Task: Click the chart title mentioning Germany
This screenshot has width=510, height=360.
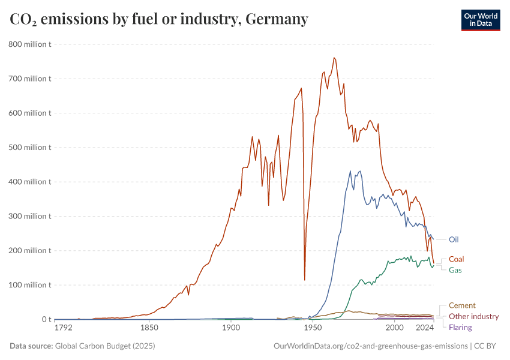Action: click(x=159, y=19)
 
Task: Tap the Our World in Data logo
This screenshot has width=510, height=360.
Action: click(x=480, y=20)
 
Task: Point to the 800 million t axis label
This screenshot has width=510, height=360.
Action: click(x=29, y=44)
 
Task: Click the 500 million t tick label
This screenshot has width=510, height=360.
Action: click(x=29, y=147)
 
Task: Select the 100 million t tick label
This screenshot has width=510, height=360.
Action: click(x=29, y=284)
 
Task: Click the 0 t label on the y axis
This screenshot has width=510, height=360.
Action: click(x=46, y=319)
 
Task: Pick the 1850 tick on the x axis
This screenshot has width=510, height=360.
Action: click(x=149, y=328)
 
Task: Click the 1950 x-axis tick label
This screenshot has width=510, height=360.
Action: click(x=312, y=328)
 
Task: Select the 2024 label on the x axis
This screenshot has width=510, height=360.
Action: click(x=425, y=328)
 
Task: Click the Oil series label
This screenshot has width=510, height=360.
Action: click(x=454, y=239)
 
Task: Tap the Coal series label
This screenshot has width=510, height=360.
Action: click(x=456, y=259)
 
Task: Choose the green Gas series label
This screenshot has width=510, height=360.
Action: click(x=455, y=270)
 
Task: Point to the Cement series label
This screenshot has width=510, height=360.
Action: click(x=462, y=305)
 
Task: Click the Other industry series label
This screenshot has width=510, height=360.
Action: click(x=473, y=316)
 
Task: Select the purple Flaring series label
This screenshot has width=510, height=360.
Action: click(x=460, y=327)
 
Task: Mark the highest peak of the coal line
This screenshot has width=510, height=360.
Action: click(x=334, y=58)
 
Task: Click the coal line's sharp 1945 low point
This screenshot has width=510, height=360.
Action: click(x=305, y=280)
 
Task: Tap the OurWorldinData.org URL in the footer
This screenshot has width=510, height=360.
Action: click(x=370, y=346)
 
